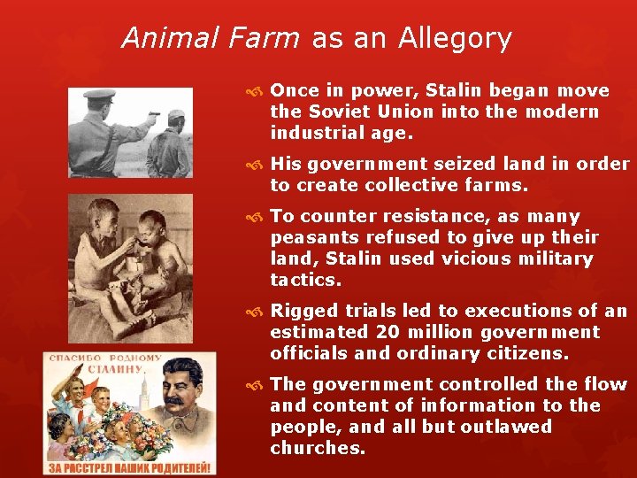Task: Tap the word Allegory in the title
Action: [455, 39]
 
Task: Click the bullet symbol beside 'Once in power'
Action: [257, 91]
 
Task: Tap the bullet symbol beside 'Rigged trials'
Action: [257, 312]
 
